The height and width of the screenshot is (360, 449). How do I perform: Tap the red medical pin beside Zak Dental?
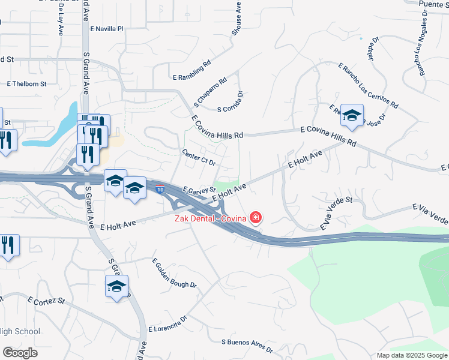pos(256,217)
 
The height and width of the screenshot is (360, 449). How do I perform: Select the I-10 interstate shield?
pos(160,190)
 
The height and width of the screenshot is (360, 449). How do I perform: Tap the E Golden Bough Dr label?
pos(174,274)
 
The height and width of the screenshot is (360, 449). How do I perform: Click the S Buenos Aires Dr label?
pos(247,346)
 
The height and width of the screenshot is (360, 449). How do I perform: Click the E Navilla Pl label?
pos(106,28)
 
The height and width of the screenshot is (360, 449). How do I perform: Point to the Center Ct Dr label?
pos(199,158)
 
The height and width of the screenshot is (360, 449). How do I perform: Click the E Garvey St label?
pos(200,190)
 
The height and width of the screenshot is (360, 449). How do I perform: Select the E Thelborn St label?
pos(26,84)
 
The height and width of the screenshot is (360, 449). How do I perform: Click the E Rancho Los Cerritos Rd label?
pos(368,85)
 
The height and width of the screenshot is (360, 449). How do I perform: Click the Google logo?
pos(20,353)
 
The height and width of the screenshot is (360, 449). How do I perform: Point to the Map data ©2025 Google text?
pos(411,355)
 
